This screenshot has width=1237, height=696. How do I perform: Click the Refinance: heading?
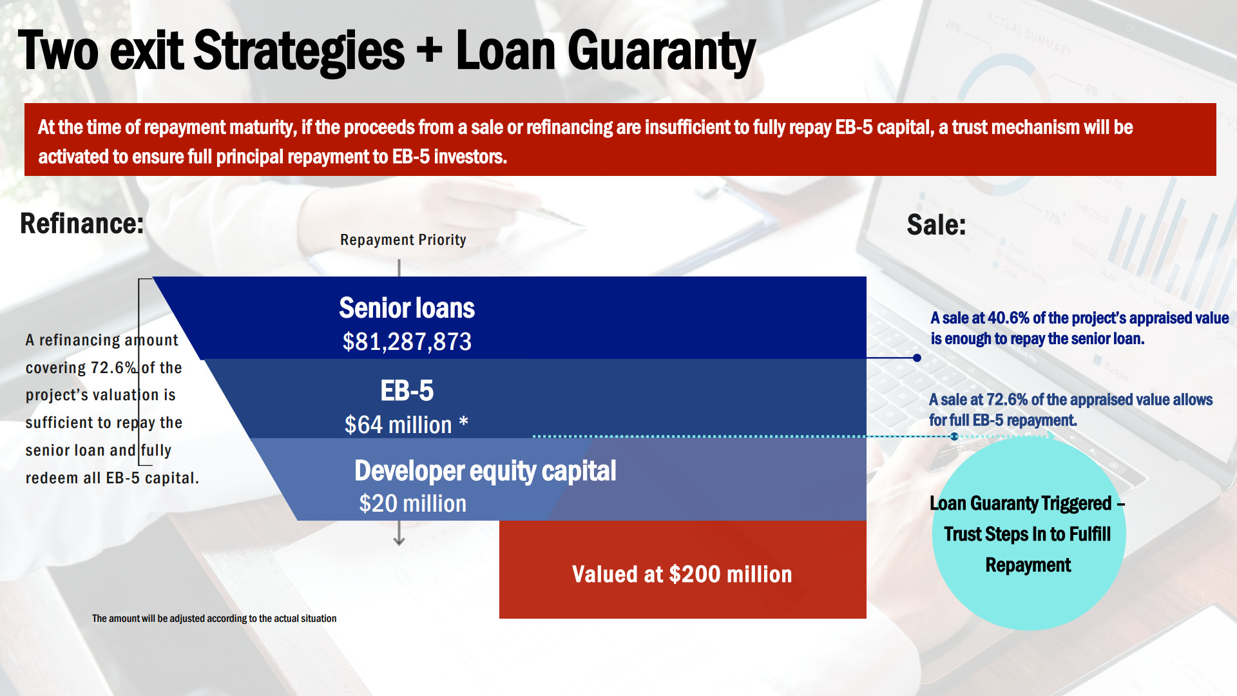[x=82, y=224]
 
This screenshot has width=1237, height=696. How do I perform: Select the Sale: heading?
[x=936, y=225]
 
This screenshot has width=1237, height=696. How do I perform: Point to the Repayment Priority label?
[x=403, y=240]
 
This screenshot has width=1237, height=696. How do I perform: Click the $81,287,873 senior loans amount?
[x=407, y=342]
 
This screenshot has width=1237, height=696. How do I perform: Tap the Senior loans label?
[x=407, y=308]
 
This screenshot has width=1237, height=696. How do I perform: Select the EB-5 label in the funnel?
[x=407, y=391]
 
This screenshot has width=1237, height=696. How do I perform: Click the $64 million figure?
[x=398, y=425]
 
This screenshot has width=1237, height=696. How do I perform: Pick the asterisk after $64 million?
[x=463, y=422]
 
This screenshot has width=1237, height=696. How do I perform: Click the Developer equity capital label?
[x=485, y=471]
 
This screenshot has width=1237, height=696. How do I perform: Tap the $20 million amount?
[x=412, y=503]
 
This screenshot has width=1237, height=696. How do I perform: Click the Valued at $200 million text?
[x=682, y=574]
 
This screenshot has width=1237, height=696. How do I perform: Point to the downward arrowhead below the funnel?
[x=399, y=541]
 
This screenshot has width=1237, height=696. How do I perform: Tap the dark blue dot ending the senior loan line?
[x=917, y=358]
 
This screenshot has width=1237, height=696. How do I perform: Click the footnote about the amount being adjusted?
[x=214, y=619]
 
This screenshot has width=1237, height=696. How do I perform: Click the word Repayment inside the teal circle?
[x=1028, y=565]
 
